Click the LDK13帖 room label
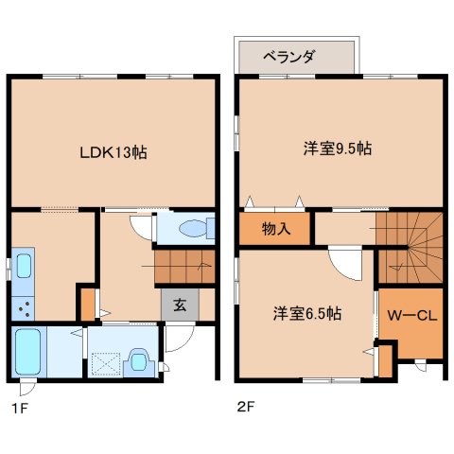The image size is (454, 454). [113, 153]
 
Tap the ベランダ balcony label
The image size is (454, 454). [288, 57]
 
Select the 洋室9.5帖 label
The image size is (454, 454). [338, 148]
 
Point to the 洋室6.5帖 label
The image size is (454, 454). [307, 313]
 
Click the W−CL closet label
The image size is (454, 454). [412, 315]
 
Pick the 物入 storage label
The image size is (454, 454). [276, 229]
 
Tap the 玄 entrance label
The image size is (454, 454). [180, 305]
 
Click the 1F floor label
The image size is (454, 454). [20, 409]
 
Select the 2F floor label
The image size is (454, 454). [246, 407]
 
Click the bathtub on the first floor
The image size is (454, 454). [27, 352]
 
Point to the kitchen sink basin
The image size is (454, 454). [24, 266]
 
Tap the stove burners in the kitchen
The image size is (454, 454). [24, 308]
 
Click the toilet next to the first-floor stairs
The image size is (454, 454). [197, 228]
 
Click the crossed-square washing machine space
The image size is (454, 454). [106, 364]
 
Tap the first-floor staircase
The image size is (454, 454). [184, 267]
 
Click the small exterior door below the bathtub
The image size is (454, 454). [27, 388]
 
